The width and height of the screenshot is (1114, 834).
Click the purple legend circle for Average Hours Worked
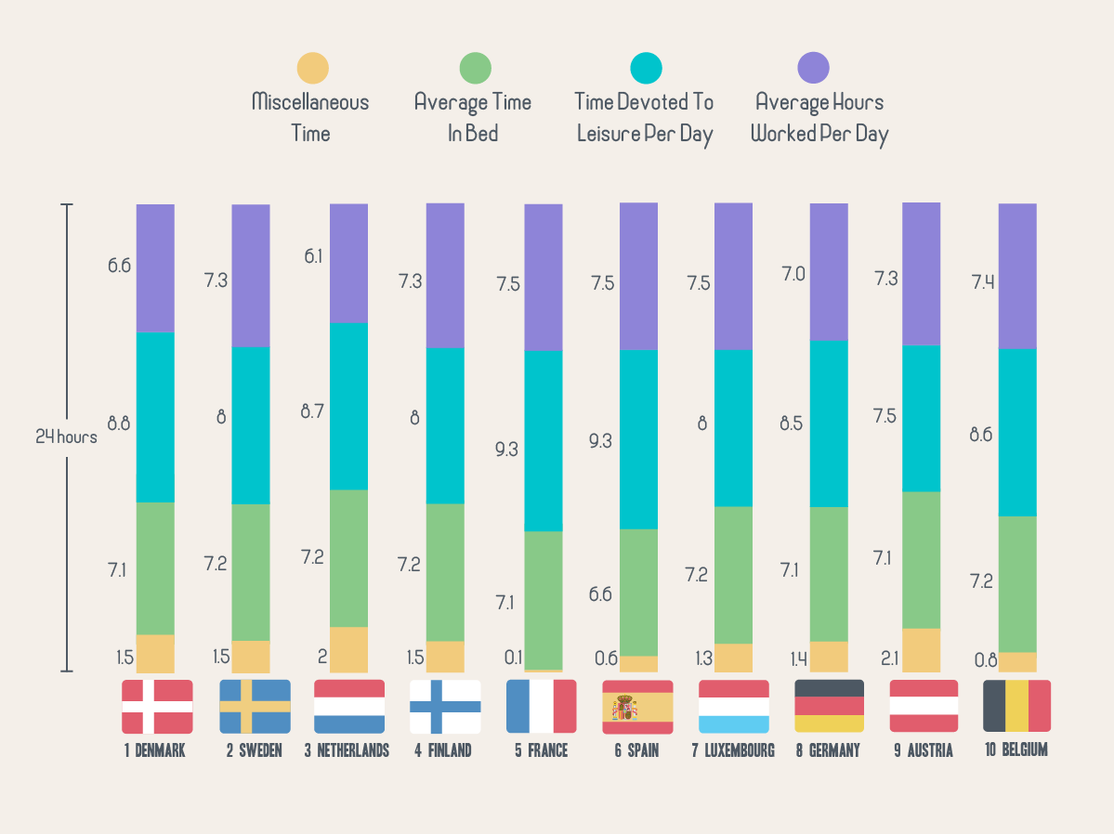pyautogui.click(x=814, y=68)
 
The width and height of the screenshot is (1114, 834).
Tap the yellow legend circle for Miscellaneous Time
pyautogui.click(x=312, y=68)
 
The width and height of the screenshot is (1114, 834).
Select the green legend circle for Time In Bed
pyautogui.click(x=476, y=68)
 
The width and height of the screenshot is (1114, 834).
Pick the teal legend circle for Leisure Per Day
pyautogui.click(x=646, y=68)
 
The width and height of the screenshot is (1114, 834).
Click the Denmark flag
pyautogui.click(x=157, y=707)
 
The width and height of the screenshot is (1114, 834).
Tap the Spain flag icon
pyautogui.click(x=637, y=707)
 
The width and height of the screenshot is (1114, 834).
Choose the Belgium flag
pyautogui.click(x=1016, y=707)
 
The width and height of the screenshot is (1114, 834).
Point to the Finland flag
pyautogui.click(x=445, y=707)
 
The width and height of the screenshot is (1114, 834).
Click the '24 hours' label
pyautogui.click(x=66, y=437)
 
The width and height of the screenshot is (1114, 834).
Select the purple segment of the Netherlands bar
pyautogui.click(x=348, y=263)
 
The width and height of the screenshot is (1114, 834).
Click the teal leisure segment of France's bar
pyautogui.click(x=544, y=440)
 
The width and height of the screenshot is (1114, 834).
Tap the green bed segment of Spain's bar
pyautogui.click(x=638, y=593)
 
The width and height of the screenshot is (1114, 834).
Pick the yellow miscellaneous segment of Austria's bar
pyautogui.click(x=922, y=650)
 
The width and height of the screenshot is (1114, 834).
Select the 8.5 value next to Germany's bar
pyautogui.click(x=792, y=424)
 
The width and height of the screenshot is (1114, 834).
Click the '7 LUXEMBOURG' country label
pyautogui.click(x=733, y=750)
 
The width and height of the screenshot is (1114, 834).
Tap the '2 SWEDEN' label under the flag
pyautogui.click(x=254, y=750)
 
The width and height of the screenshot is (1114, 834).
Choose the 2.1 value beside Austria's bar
pyautogui.click(x=888, y=658)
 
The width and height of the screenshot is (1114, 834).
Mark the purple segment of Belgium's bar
pyautogui.click(x=1017, y=276)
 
